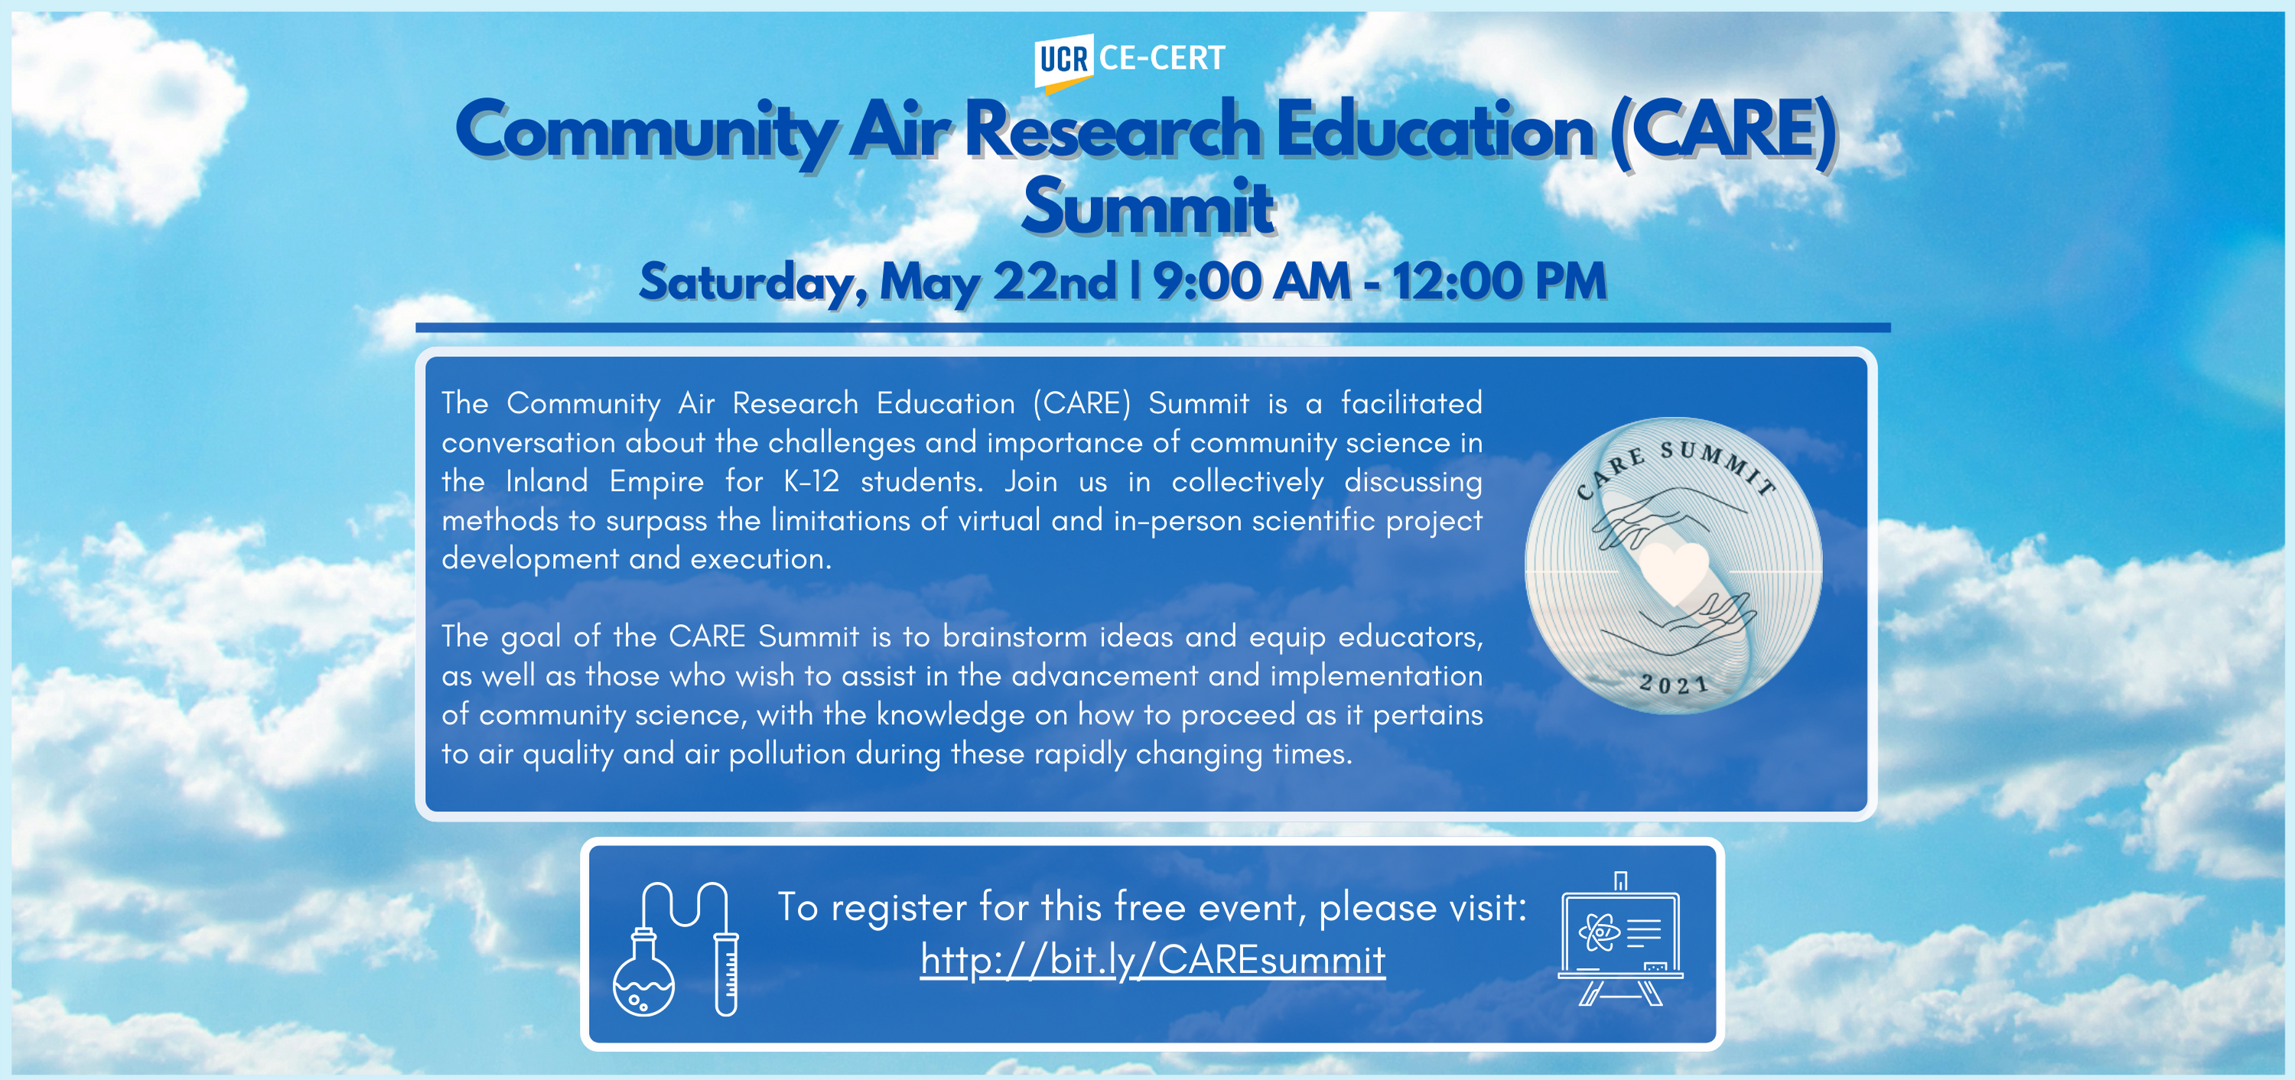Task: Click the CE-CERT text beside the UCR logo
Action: pos(1162,58)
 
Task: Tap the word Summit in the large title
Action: pos(1147,207)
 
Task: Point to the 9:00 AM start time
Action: pos(1252,281)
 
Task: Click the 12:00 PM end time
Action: pos(1499,281)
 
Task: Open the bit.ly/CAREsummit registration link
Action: pos(1153,961)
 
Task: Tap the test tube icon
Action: pos(726,974)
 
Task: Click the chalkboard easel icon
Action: pos(1620,941)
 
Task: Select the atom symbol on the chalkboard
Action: pos(1599,932)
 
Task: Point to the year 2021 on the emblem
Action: pos(1674,684)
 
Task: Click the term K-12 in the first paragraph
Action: pos(812,481)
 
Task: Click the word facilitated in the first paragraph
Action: pos(1411,403)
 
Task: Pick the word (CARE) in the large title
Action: pos(1723,132)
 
